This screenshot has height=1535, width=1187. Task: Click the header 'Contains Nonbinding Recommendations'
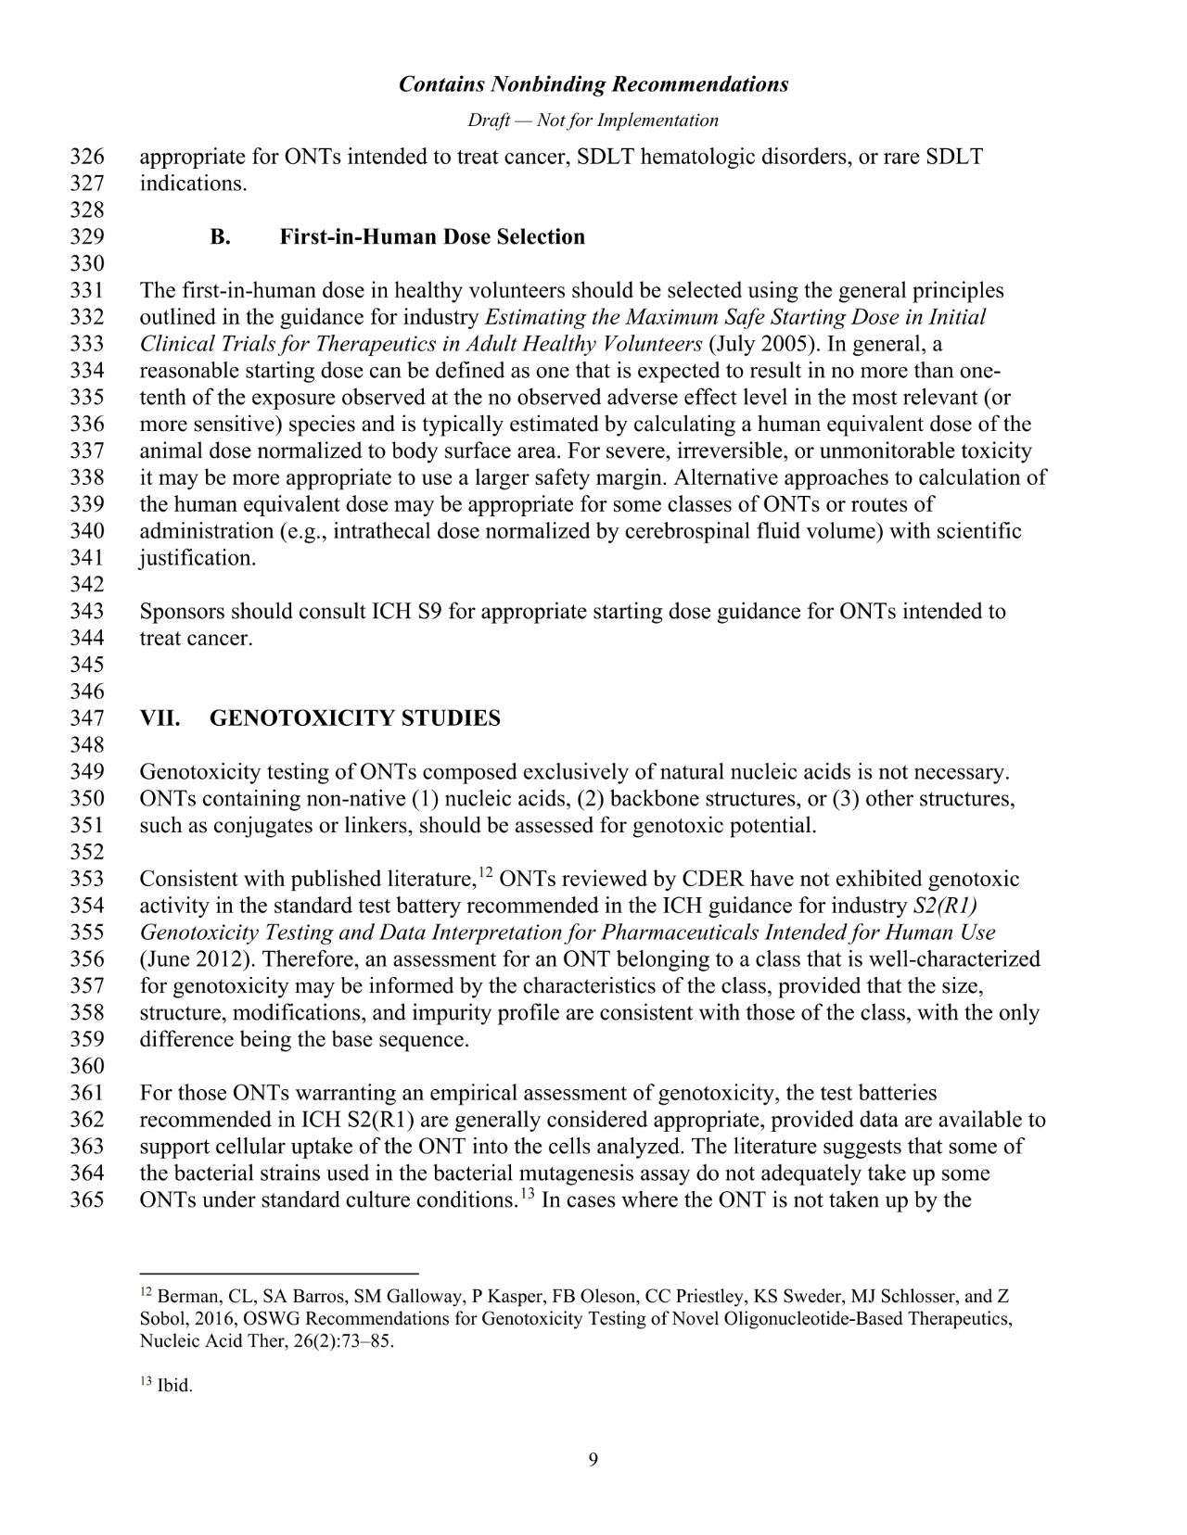click(x=593, y=84)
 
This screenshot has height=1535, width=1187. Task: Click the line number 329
click(x=86, y=237)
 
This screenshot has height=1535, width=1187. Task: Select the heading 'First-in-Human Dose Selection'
click(x=432, y=237)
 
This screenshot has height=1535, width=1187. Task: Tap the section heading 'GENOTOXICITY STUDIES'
click(x=355, y=718)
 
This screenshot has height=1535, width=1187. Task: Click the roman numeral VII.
click(x=159, y=718)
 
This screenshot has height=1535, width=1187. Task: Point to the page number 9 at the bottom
click(x=593, y=1461)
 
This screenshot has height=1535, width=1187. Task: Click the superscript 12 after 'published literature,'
click(x=485, y=872)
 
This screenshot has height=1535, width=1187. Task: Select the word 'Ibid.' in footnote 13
click(x=174, y=1387)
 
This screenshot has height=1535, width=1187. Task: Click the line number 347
click(x=86, y=718)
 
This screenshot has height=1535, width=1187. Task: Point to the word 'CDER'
click(x=714, y=880)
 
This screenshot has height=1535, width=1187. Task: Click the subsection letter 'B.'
click(x=220, y=237)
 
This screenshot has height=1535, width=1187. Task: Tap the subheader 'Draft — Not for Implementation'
click(x=593, y=121)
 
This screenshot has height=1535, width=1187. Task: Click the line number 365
click(x=86, y=1200)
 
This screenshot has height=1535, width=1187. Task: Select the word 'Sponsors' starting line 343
click(x=182, y=613)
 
